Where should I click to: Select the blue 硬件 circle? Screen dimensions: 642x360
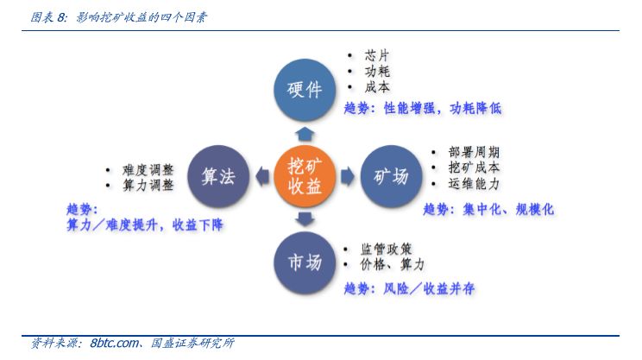[x=303, y=89]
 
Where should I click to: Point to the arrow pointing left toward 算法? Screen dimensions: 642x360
[x=261, y=177]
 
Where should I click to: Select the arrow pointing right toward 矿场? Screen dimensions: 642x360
[x=346, y=177]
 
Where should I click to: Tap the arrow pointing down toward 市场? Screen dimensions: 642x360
[x=303, y=220]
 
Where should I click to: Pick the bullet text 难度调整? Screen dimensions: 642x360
[x=149, y=169]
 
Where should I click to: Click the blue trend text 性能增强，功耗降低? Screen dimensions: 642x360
[x=441, y=109]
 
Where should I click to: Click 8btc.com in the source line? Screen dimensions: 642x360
[x=114, y=344]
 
